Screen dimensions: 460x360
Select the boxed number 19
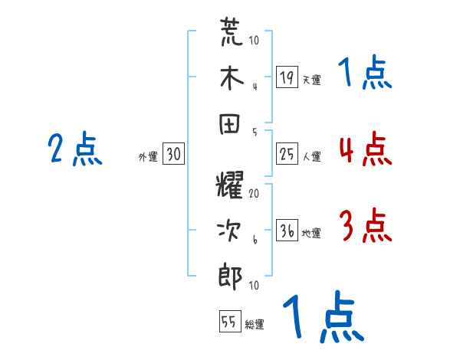pos(287,77)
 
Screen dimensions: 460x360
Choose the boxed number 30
pos(173,155)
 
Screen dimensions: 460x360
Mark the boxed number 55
pos(228,322)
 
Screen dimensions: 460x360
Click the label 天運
pos(311,80)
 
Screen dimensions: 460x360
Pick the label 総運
pos(255,324)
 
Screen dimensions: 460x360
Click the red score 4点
pos(364,150)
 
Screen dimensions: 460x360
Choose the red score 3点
pos(364,227)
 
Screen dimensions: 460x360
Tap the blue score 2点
pos(74,150)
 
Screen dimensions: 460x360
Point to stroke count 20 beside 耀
pos(254,195)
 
